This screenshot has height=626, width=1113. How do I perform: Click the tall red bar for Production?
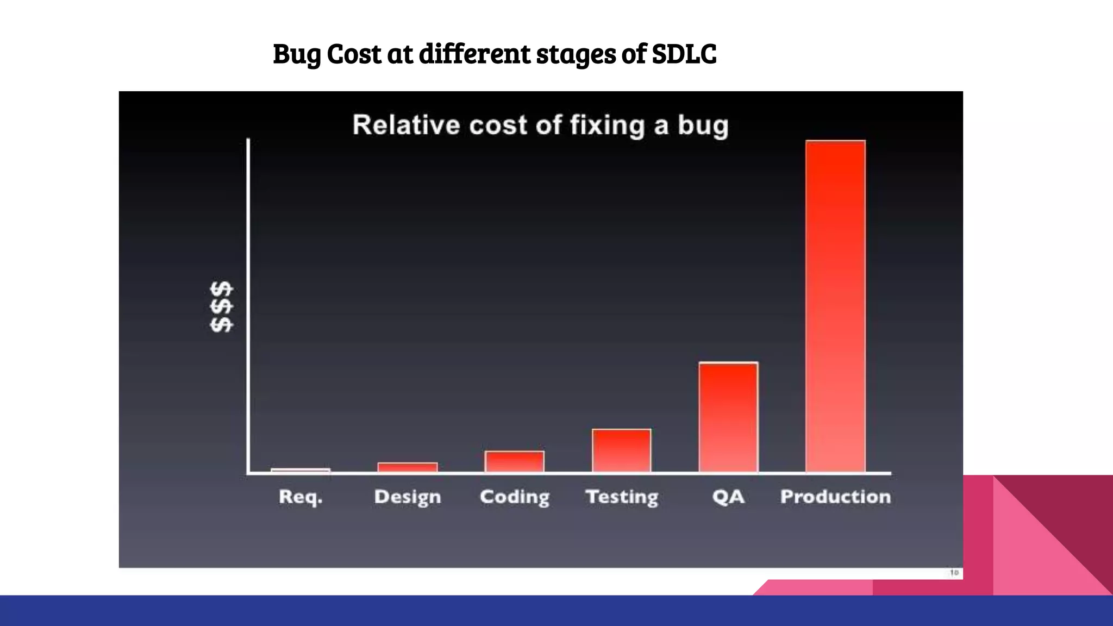point(835,306)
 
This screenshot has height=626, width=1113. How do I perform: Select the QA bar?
point(728,417)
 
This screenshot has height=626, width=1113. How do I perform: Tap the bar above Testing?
point(622,450)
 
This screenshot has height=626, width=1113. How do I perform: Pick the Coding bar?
point(515,461)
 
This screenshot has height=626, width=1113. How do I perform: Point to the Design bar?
point(408,467)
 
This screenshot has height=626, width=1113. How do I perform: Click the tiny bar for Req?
point(301,470)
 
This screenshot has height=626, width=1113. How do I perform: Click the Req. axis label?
point(301,497)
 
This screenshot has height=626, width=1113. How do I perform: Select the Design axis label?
point(408,497)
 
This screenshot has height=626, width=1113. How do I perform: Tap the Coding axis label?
point(515,497)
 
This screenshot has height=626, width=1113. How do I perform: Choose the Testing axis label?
point(622,497)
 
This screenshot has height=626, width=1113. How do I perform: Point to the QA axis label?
point(728,497)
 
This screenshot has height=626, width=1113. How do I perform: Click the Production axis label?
point(835,497)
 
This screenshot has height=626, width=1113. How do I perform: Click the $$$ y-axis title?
point(222,307)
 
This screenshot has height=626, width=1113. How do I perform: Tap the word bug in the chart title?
point(702,126)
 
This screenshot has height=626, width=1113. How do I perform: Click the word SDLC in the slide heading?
point(684,54)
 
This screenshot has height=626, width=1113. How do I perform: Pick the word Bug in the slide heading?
point(297,54)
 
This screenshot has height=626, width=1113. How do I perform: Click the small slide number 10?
point(954,573)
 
